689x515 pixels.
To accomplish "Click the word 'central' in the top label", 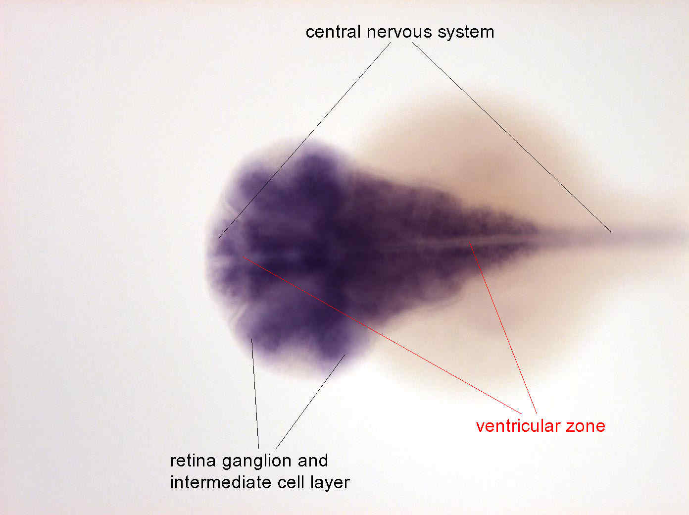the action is click(333, 32).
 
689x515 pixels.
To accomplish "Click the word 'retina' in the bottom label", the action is click(193, 461).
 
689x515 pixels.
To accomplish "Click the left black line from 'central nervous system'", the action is click(305, 140).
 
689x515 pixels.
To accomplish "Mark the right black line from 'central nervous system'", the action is click(512, 137).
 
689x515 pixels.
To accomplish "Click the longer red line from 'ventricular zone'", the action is click(382, 335).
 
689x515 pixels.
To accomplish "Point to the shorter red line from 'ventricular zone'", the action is click(503, 327).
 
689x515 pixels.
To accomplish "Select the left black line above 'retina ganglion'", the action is click(255, 394).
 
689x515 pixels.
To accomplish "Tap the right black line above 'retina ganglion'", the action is click(310, 402).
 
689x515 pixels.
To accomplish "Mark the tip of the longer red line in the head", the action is click(243, 257).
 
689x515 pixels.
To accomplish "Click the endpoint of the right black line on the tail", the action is click(611, 232).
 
